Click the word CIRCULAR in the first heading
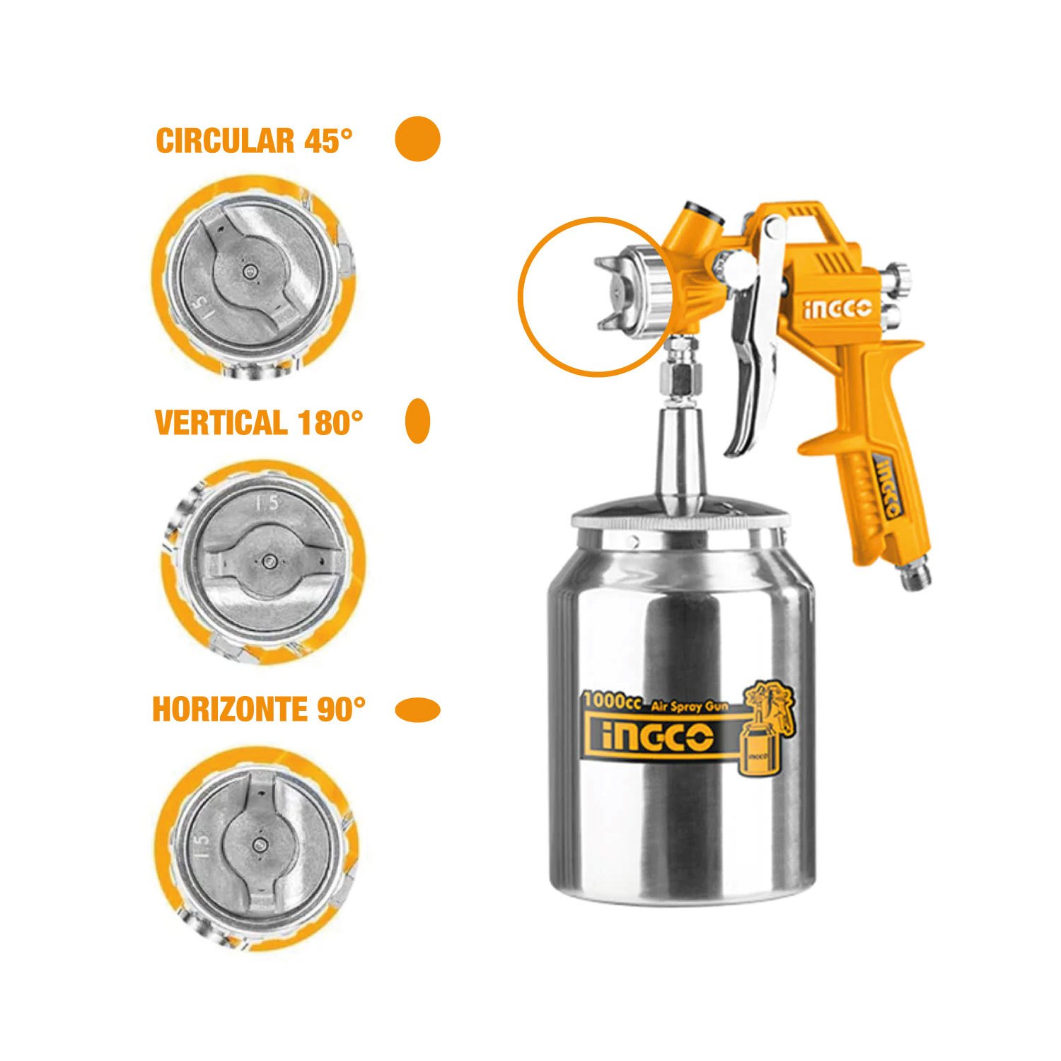[x=225, y=140]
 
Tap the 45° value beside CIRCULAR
[x=328, y=140]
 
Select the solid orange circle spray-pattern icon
[x=417, y=139]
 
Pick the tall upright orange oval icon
[x=418, y=421]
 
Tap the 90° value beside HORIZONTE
[x=342, y=709]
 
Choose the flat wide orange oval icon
[x=417, y=709]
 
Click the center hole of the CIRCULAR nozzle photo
[x=248, y=271]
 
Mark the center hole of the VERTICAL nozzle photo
[x=268, y=562]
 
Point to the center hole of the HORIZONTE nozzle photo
[x=260, y=843]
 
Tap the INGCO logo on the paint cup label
[x=657, y=738]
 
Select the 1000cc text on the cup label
[x=612, y=702]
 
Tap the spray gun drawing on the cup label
[x=767, y=729]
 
